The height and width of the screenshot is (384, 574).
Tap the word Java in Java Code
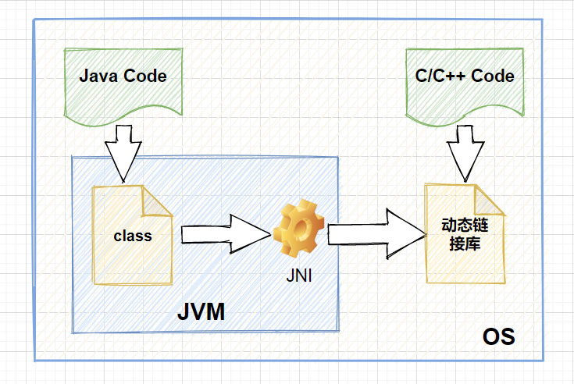tap(97, 76)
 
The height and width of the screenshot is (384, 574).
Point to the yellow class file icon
tap(132, 234)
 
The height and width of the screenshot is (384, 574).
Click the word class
tap(132, 235)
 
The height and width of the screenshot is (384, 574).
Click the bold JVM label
tap(201, 313)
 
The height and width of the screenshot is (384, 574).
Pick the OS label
tap(498, 337)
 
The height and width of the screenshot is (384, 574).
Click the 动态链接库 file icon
tap(464, 233)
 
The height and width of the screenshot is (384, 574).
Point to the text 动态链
tap(462, 226)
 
